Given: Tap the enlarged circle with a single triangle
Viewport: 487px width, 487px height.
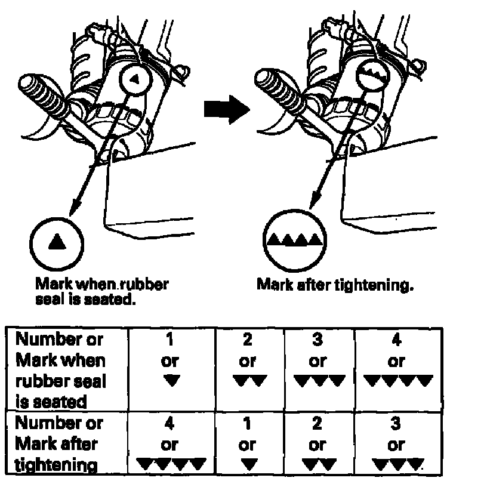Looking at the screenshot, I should click(x=57, y=242).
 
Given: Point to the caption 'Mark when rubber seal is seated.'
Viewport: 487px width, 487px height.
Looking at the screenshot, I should click(x=101, y=291).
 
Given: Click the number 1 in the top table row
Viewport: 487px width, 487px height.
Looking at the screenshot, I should click(x=170, y=340).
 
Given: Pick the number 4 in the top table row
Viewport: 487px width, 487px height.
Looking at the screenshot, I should click(x=397, y=340).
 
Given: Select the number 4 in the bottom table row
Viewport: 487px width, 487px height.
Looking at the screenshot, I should click(x=170, y=424).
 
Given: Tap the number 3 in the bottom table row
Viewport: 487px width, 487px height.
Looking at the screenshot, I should click(x=397, y=424).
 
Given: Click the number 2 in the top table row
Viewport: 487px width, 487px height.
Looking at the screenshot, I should click(x=247, y=340).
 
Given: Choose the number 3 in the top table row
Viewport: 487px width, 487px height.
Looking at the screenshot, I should click(x=318, y=340).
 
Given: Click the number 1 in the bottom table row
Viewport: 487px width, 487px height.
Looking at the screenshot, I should click(x=247, y=424).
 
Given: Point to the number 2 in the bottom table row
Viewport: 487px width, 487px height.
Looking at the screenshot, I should click(x=318, y=424).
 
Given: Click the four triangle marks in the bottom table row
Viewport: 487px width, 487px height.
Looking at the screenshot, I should click(x=171, y=463).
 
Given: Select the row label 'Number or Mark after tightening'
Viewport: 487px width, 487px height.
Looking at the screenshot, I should click(x=59, y=444).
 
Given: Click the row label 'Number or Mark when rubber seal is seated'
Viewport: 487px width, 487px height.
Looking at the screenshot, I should click(x=60, y=370).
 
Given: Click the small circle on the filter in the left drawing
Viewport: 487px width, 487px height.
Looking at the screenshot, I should click(x=134, y=78).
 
